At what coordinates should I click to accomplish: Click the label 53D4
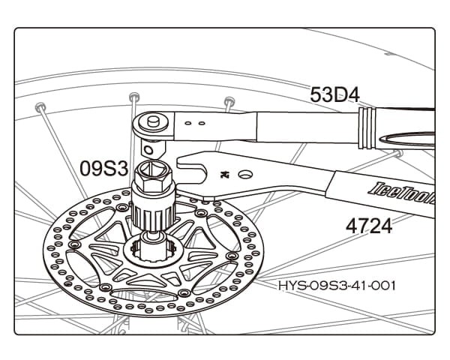pos(334,95)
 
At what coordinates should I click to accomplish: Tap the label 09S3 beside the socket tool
pos(104,168)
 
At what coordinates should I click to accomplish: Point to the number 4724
pos(369,226)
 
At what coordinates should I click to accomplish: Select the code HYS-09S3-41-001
pos(337,286)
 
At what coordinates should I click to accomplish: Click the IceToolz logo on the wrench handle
pos(401,193)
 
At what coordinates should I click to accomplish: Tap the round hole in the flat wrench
pos(245,174)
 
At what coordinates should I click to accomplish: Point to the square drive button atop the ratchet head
pos(153,121)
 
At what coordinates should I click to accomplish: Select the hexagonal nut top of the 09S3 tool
pos(154,175)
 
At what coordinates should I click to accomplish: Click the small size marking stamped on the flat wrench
pos(223,174)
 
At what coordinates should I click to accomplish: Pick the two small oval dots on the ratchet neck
pos(195,124)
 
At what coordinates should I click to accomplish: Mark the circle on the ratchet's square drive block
pos(148,150)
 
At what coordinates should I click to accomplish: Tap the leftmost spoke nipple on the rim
pos(40,108)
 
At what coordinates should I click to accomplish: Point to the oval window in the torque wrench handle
pos(407,139)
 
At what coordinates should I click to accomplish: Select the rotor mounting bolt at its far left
pos(74,244)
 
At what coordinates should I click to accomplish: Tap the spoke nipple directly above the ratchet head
pos(134,97)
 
